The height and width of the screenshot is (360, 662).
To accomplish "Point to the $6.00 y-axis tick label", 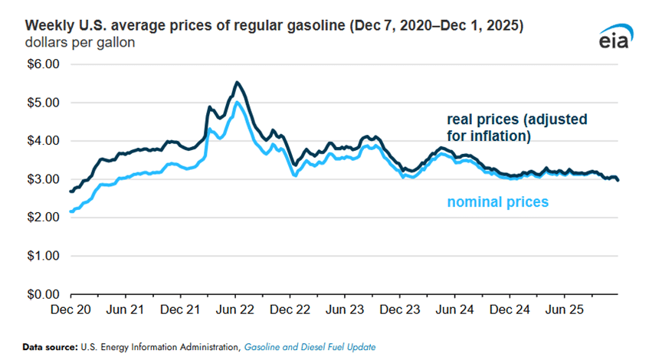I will [x=43, y=64].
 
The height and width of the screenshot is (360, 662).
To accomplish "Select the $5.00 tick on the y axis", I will [x=43, y=103].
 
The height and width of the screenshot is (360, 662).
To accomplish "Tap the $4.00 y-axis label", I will [x=43, y=141].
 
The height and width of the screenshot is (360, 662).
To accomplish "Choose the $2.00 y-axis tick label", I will [x=43, y=218].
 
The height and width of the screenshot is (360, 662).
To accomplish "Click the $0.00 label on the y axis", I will [x=43, y=294].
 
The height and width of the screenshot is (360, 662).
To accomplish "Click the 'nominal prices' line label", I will [x=498, y=202].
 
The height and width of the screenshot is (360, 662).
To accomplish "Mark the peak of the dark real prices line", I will [x=237, y=82].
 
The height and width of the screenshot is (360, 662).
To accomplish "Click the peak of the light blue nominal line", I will [x=238, y=102].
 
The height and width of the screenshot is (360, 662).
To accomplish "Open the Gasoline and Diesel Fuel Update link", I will [x=310, y=347].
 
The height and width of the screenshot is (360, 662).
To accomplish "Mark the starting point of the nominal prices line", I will [x=70, y=211].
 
